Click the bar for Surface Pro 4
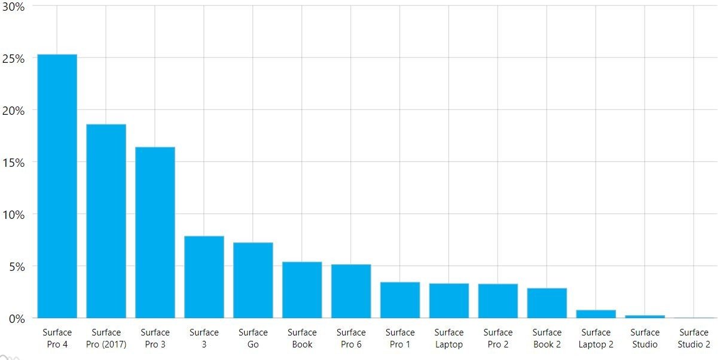point(57,186)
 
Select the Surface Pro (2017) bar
point(106,221)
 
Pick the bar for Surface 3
point(204,277)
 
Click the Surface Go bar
point(253,280)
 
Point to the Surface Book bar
point(302,290)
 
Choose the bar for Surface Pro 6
point(351,291)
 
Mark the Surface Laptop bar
point(449,301)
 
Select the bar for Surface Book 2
point(547,303)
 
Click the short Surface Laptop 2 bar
point(596,314)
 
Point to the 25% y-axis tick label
point(13,59)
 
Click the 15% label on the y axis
point(13,163)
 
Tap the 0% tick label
point(16,319)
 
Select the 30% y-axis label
point(13,7)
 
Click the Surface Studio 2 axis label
point(694,338)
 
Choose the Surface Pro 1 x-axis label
point(400,338)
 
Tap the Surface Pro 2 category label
point(498,338)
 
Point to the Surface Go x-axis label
point(253,338)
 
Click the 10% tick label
point(13,215)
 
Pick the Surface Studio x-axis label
point(645,338)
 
